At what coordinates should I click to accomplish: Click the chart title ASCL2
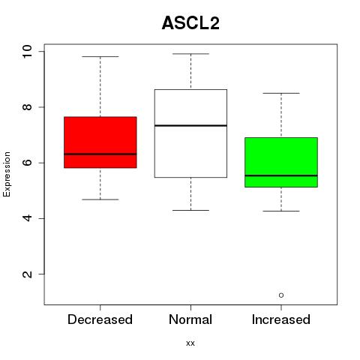tap(190, 23)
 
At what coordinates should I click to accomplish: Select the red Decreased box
tap(100, 142)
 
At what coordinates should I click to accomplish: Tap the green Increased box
tap(281, 162)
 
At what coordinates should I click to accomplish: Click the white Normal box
tap(190, 133)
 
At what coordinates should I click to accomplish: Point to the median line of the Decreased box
tap(100, 154)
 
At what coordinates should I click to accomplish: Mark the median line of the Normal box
tap(190, 125)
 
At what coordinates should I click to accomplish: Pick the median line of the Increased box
tap(281, 175)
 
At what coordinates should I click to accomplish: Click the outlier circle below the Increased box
tap(281, 295)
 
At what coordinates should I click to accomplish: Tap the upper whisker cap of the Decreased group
tap(100, 57)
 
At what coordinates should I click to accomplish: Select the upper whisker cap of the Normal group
tap(190, 54)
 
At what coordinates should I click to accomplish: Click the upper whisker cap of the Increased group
tap(281, 93)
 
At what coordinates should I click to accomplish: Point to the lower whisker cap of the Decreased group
tap(100, 199)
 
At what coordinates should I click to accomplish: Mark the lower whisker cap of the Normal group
tap(190, 210)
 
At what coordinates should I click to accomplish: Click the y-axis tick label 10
tap(27, 52)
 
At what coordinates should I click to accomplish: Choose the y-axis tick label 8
tap(27, 107)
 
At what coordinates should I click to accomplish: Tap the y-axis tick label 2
tap(27, 274)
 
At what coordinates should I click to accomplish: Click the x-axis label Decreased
tap(100, 319)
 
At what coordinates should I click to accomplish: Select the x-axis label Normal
tap(190, 319)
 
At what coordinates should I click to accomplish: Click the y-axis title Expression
tap(7, 174)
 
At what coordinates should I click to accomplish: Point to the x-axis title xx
tap(190, 343)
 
